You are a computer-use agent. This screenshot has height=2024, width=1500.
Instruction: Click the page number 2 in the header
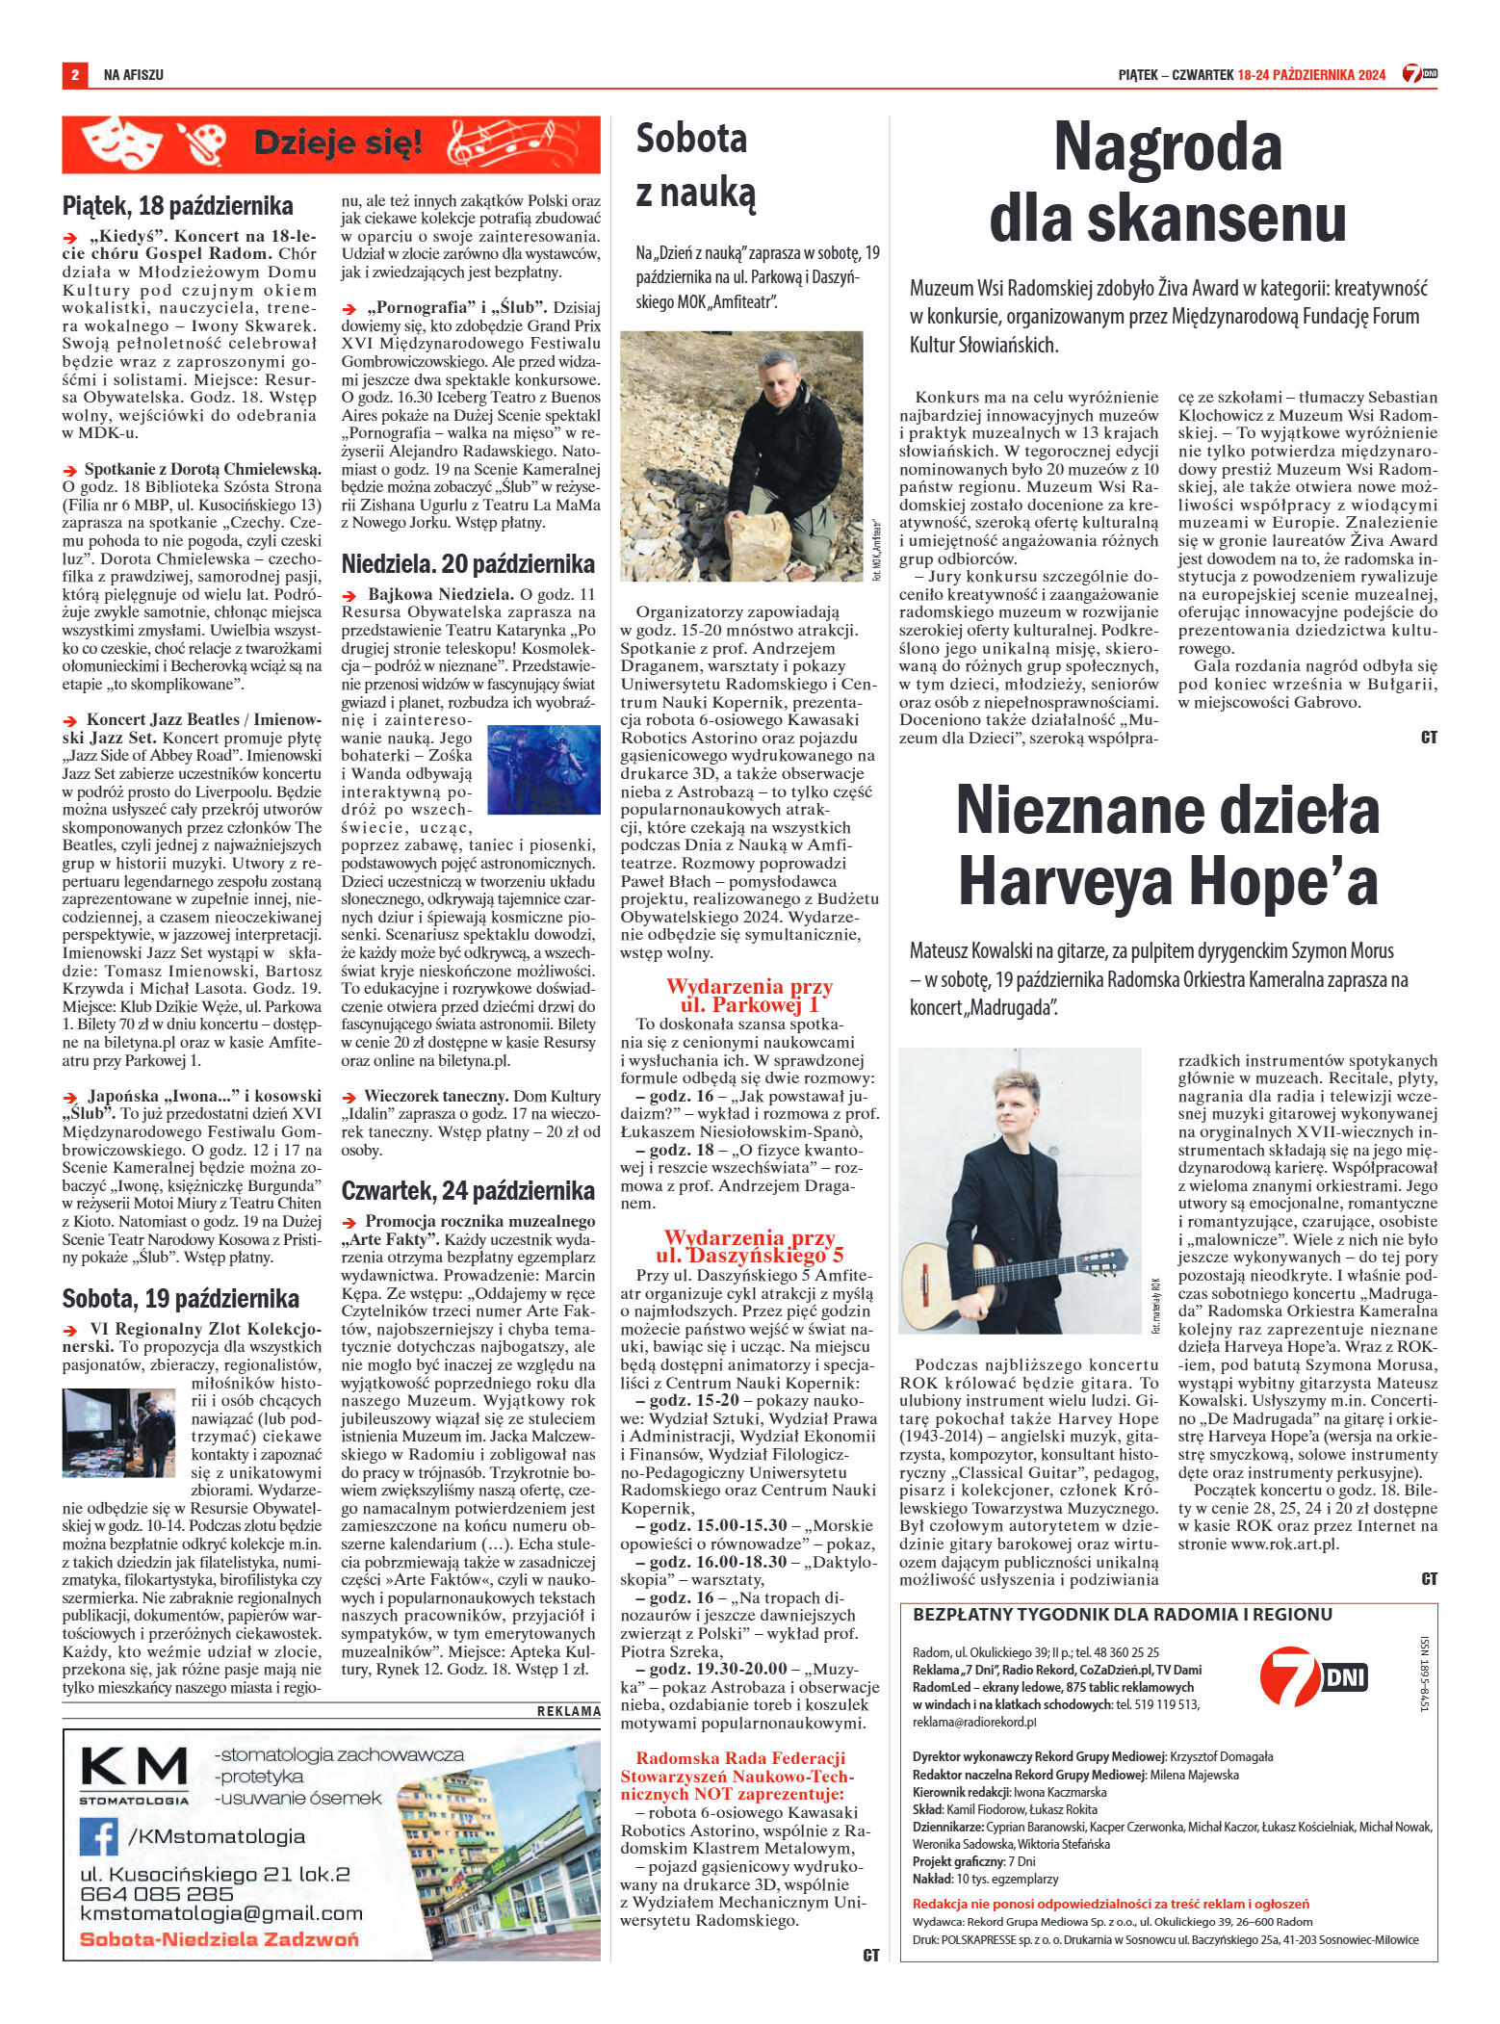click(x=74, y=74)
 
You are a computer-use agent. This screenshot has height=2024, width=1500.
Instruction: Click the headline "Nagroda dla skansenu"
click(x=1167, y=183)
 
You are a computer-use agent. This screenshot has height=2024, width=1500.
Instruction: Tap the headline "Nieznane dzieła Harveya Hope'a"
click(x=1167, y=845)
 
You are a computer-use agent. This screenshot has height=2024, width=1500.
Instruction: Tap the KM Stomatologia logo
click(x=134, y=1775)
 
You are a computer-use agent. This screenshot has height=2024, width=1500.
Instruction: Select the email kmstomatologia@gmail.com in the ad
click(x=220, y=1913)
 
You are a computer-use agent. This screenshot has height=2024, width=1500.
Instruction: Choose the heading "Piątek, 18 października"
click(x=178, y=205)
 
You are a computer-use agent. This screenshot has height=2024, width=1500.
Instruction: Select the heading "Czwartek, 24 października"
click(x=468, y=1191)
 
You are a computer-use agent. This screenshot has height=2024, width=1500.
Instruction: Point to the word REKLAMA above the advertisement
click(x=568, y=1711)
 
